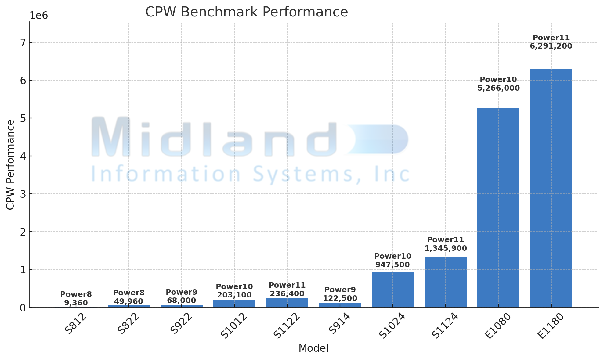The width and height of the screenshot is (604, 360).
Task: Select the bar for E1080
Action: tap(498, 207)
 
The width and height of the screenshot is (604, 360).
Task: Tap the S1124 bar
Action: tap(445, 282)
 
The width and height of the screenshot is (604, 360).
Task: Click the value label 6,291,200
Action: tap(551, 46)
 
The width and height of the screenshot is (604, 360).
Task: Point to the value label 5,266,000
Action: tap(498, 88)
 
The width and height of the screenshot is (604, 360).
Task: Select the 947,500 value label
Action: tap(392, 265)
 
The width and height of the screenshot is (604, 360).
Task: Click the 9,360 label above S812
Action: tap(76, 303)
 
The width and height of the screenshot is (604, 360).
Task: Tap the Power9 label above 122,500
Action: tap(340, 290)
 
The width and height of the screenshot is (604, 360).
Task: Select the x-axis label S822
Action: tap(128, 324)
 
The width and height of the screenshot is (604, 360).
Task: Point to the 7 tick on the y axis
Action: tap(23, 43)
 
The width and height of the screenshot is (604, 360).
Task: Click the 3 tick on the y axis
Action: tap(23, 194)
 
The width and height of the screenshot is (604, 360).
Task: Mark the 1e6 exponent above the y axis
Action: tap(39, 16)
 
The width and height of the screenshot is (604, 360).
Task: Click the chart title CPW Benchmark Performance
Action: tap(247, 12)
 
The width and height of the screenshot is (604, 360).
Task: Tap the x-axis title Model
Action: tap(313, 348)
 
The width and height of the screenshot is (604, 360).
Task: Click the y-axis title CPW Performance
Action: tap(10, 165)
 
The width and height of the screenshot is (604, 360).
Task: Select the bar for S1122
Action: tap(287, 303)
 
